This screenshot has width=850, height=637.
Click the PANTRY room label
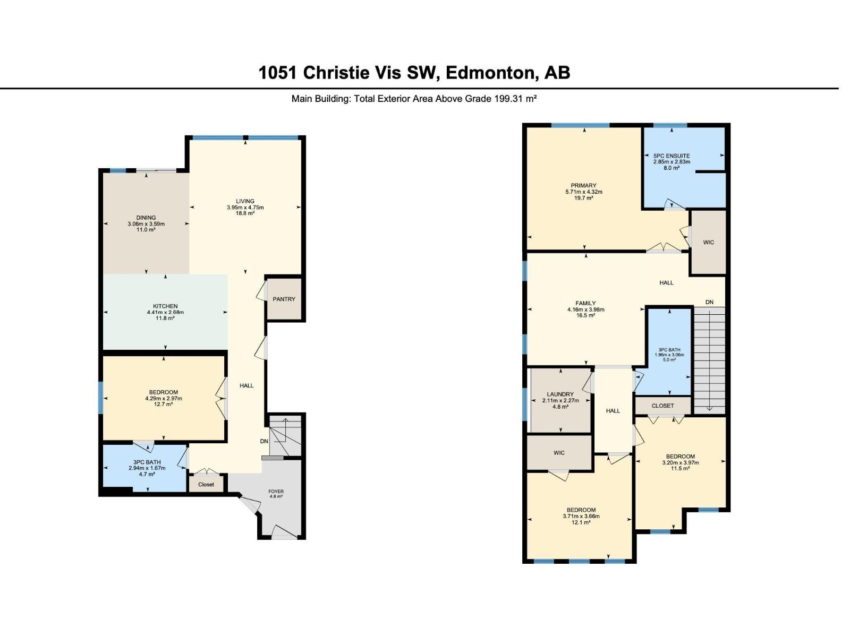click(x=284, y=299)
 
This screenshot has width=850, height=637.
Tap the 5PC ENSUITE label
click(x=671, y=156)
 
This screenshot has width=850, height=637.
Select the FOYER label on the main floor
click(x=276, y=492)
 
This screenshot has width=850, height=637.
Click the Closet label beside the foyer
click(x=206, y=484)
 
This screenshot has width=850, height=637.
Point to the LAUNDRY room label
click(x=560, y=394)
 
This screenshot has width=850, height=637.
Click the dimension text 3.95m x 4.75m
click(x=245, y=208)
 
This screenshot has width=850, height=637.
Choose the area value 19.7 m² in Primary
click(x=583, y=198)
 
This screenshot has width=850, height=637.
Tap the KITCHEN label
click(x=165, y=306)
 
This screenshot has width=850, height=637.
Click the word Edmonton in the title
click(x=490, y=73)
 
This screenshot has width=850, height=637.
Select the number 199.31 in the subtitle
click(x=508, y=99)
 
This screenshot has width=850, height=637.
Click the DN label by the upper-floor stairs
click(x=709, y=302)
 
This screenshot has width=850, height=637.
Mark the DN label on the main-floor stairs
click(x=264, y=441)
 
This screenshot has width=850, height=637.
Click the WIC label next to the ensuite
click(x=708, y=242)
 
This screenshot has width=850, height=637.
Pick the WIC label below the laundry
click(x=559, y=453)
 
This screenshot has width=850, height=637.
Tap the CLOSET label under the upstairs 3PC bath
click(x=662, y=406)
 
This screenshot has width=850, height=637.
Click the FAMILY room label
click(x=585, y=304)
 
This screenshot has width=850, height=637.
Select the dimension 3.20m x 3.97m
click(x=680, y=462)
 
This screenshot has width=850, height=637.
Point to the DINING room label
click(x=146, y=218)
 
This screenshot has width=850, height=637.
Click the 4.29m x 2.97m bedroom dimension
click(x=163, y=398)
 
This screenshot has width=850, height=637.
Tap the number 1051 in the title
click(x=277, y=73)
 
